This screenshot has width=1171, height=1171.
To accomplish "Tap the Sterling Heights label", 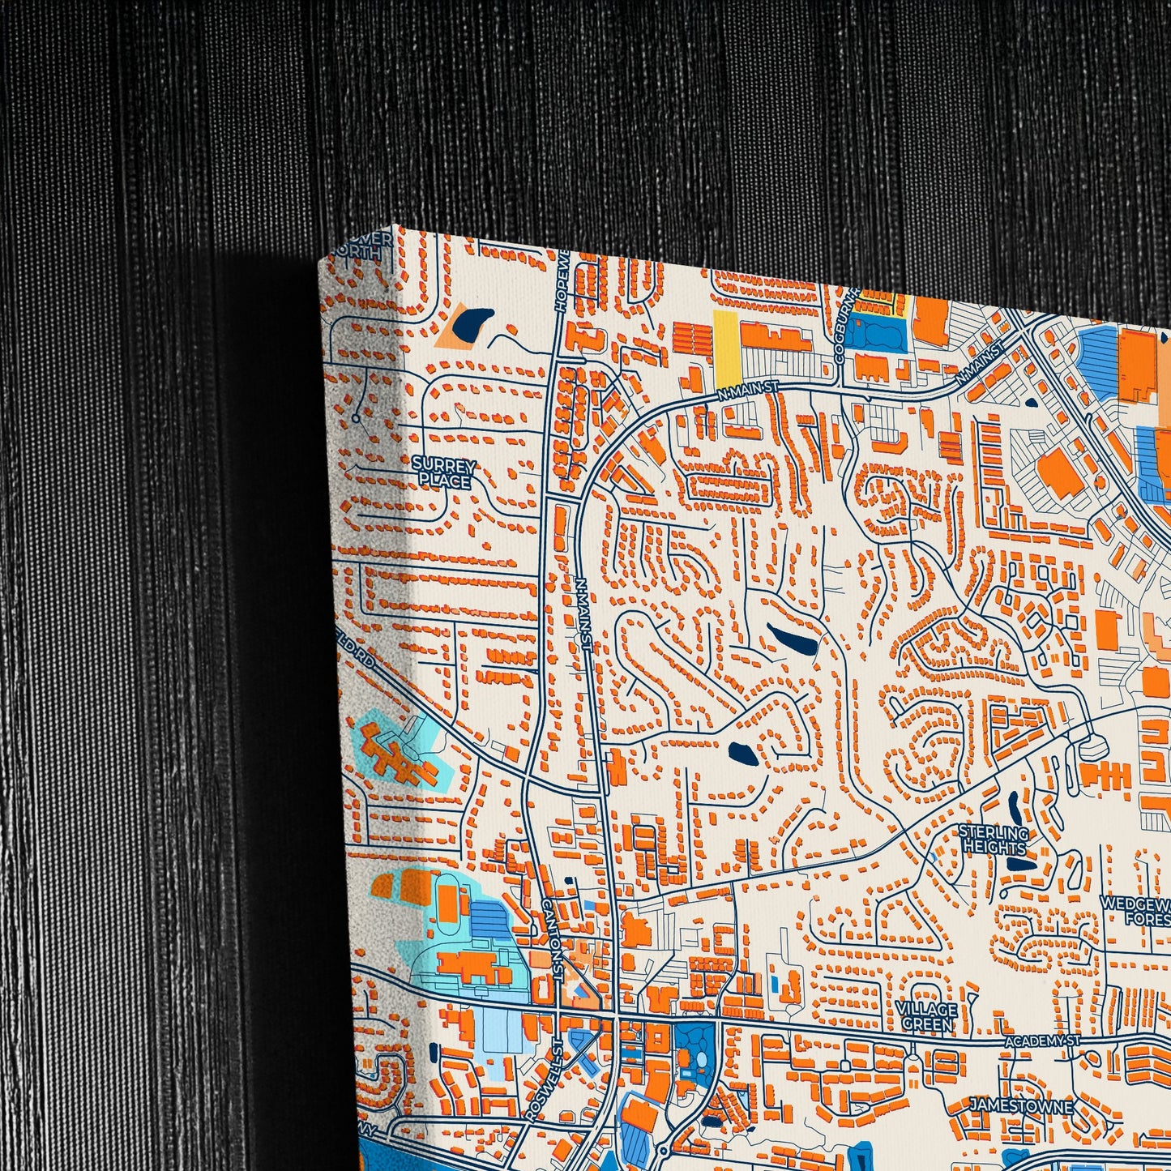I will (x=994, y=840).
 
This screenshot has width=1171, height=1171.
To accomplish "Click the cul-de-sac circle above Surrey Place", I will (x=355, y=418).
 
